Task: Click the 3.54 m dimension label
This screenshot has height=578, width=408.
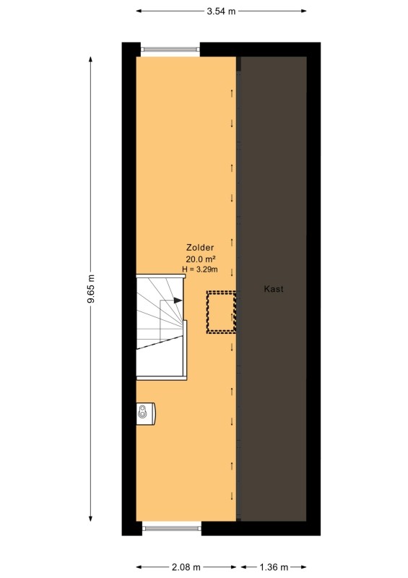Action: pos(221,11)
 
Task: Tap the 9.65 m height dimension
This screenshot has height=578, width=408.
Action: pos(91,288)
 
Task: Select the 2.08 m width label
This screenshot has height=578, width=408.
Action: pos(186,566)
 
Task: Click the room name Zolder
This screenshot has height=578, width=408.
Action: pos(200,247)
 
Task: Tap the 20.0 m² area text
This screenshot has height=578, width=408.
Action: pos(201,259)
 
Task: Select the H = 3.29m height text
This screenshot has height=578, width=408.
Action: pos(200,269)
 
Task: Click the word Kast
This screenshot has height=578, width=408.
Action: pos(274,288)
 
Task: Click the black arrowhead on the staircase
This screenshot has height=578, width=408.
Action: pos(178,300)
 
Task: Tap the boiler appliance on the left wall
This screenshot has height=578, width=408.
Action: pos(146,413)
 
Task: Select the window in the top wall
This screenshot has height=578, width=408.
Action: pos(170,49)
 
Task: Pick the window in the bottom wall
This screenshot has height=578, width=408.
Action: pos(172,528)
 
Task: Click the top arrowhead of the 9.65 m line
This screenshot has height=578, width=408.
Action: pos(91,59)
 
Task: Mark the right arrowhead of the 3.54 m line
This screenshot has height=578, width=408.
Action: pos(304,11)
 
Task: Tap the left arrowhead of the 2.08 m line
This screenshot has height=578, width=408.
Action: pos(139,567)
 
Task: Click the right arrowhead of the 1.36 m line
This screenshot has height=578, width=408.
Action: pos(304,567)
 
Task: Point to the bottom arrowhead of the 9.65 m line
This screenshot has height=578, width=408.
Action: pos(91,518)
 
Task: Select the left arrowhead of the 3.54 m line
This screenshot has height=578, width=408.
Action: pos(139,11)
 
